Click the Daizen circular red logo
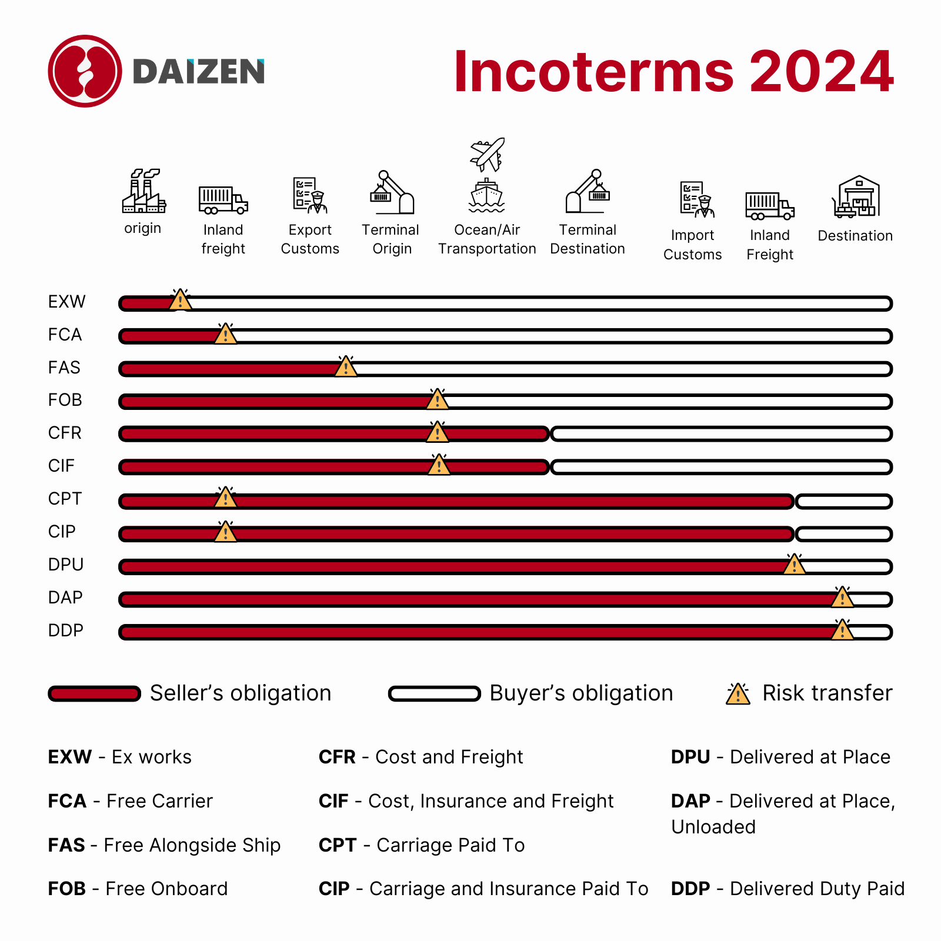[x=85, y=71]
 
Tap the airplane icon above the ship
[x=488, y=154]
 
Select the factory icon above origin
[x=144, y=192]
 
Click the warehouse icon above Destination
[x=856, y=197]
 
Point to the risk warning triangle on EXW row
[x=180, y=300]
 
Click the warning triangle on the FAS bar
[x=346, y=366]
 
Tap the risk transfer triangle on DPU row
[x=795, y=564]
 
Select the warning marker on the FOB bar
[x=437, y=399]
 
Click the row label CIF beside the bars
[x=61, y=466]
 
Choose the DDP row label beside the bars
[x=65, y=630]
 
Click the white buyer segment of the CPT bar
[x=843, y=502]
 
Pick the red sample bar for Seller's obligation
[x=94, y=694]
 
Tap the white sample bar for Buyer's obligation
[x=434, y=694]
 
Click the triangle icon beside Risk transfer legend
[x=738, y=694]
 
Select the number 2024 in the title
[x=822, y=72]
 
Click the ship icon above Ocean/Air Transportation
[x=486, y=196]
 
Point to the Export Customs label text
[x=310, y=239]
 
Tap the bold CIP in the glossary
[x=334, y=889]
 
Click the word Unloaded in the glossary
[x=713, y=827]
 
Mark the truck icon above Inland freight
[x=223, y=200]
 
